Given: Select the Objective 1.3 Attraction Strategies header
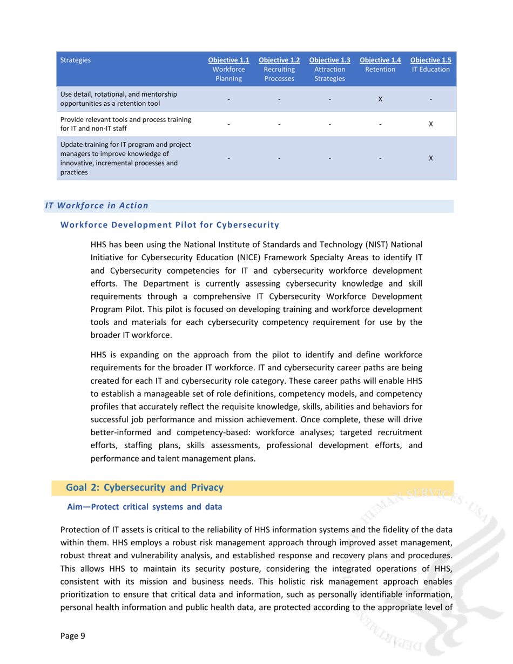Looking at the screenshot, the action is pos(329,69).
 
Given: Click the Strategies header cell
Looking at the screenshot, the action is pos(76,60).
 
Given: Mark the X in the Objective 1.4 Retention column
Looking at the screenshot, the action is pos(380,99).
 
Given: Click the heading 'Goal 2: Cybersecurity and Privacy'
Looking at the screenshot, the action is pos(144,487).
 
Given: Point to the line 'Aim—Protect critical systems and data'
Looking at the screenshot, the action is pos(144,507).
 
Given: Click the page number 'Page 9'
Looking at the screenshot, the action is pos(72,635).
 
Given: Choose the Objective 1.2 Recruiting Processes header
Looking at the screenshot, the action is pos(279,69).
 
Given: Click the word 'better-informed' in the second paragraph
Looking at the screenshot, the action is pos(119,432).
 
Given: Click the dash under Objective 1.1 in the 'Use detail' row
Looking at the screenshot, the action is pos(229,99).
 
